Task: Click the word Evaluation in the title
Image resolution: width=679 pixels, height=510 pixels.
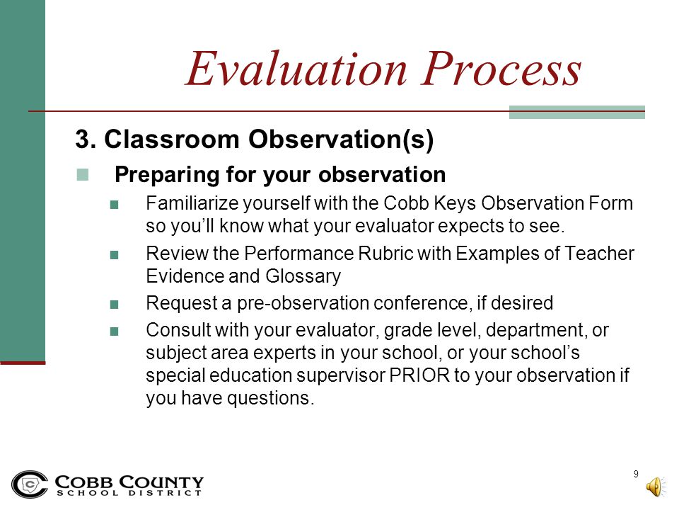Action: click(x=296, y=69)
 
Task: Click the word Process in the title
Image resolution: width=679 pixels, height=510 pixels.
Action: click(x=501, y=69)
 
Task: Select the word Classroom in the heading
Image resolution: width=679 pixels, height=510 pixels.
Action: click(x=172, y=140)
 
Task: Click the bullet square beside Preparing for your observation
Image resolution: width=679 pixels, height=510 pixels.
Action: click(x=82, y=174)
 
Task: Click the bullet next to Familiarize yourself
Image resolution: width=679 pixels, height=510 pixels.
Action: click(x=115, y=204)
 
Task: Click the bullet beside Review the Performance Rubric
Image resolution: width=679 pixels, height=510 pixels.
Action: click(x=115, y=254)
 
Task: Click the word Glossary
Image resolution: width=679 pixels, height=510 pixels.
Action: click(x=303, y=277)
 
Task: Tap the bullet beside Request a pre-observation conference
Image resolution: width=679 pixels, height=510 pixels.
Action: click(x=115, y=305)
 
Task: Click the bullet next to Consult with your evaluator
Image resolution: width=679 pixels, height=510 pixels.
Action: click(x=115, y=331)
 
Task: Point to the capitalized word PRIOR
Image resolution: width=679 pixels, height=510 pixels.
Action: click(x=419, y=375)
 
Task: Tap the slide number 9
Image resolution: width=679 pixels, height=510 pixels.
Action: click(x=636, y=474)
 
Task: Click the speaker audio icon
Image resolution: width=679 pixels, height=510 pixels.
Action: click(x=656, y=487)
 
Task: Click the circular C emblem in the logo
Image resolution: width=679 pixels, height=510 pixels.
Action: click(x=30, y=484)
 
